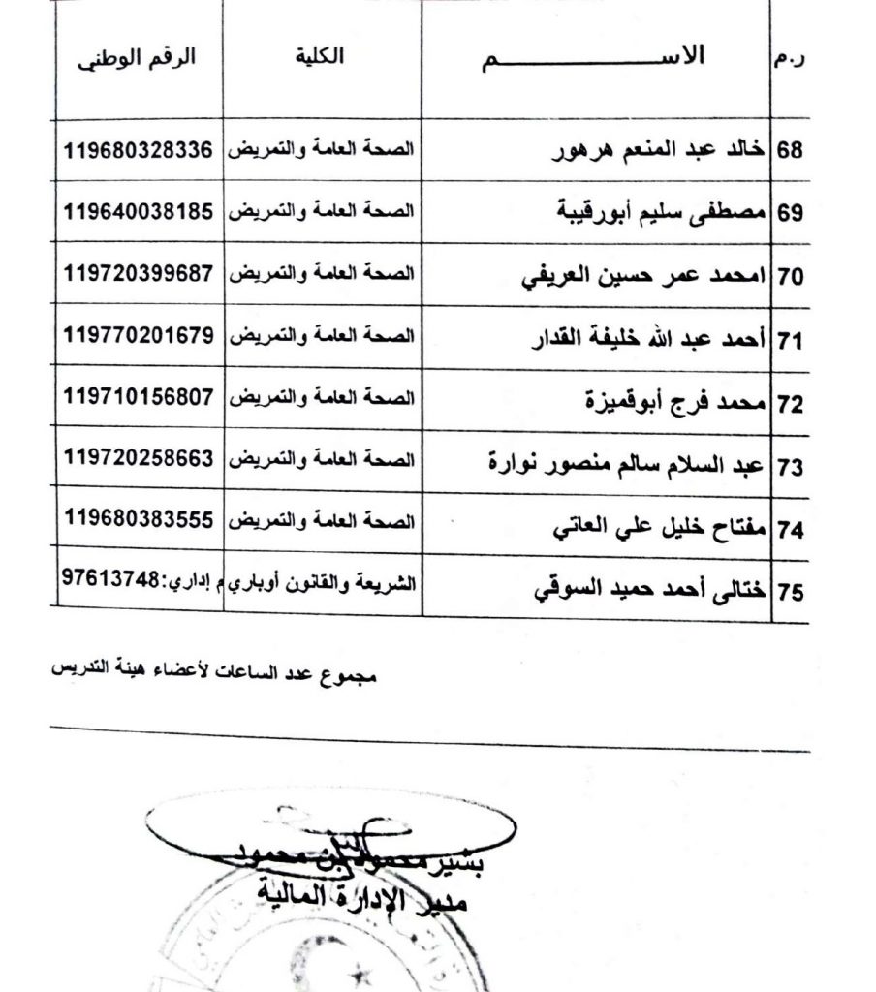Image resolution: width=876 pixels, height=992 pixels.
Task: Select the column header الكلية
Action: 322,58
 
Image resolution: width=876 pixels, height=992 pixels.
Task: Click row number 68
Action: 792,153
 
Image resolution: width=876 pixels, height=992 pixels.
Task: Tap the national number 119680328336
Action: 138,151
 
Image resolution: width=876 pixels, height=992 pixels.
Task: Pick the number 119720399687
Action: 138,273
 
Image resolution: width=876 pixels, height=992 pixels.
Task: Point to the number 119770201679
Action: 138,335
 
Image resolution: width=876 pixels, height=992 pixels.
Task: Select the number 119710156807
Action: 138,397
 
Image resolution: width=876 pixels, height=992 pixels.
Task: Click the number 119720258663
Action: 138,459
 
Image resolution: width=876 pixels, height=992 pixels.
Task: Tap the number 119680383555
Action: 138,520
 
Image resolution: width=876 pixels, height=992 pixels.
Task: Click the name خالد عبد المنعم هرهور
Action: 659,153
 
